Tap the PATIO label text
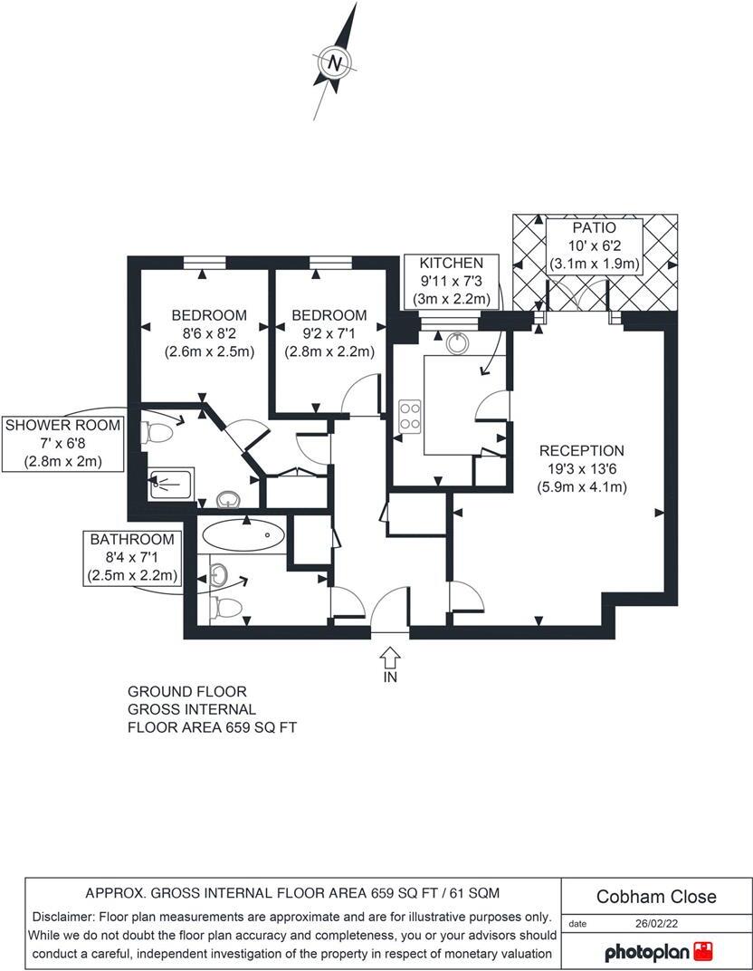(595, 228)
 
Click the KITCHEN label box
(452, 280)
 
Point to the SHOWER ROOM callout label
(62, 443)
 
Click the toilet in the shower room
(157, 434)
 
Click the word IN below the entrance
(390, 676)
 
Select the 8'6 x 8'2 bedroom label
(209, 333)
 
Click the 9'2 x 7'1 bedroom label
(329, 333)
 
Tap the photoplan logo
(658, 952)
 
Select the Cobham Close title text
(656, 897)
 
